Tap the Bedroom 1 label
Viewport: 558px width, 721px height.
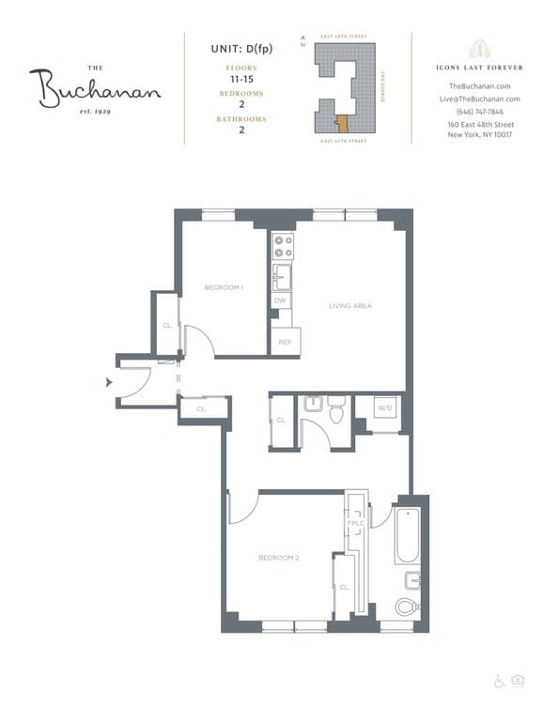click(224, 286)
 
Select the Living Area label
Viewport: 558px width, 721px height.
click(348, 306)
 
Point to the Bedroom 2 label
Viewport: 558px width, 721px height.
click(278, 558)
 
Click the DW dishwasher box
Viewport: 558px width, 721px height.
click(280, 300)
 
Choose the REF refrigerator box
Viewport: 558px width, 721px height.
click(283, 342)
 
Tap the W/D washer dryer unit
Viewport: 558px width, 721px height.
click(384, 409)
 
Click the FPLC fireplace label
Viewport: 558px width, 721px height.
click(356, 523)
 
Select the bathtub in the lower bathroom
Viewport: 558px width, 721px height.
click(410, 535)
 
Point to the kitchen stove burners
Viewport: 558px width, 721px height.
click(282, 246)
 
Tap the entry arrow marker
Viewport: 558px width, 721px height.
click(110, 381)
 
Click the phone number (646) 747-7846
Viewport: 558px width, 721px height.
click(480, 111)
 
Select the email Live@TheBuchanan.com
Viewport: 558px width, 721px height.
click(480, 99)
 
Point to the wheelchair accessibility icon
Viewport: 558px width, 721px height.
click(499, 682)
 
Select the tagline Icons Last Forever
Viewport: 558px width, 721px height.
click(480, 68)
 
